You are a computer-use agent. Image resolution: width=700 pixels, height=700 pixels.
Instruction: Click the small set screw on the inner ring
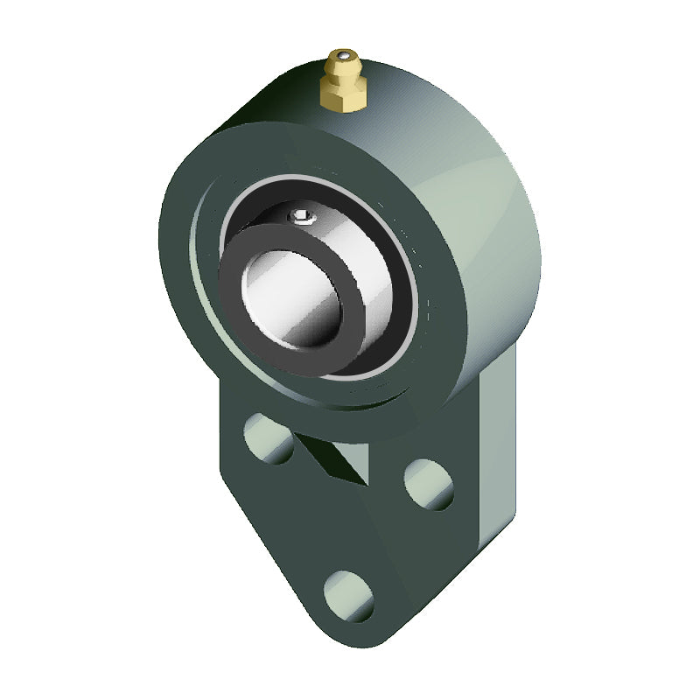click(x=300, y=214)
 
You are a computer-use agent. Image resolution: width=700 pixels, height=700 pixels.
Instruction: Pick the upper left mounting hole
click(x=269, y=437)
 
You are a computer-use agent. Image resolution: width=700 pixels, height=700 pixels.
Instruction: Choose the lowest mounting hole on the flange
click(x=347, y=595)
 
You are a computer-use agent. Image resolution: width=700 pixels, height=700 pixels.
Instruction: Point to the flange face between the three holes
click(x=350, y=525)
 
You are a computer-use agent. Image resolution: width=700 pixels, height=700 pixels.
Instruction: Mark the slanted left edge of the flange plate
click(x=262, y=542)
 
